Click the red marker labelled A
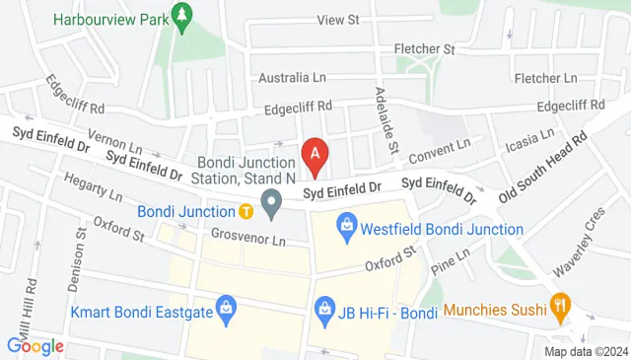point(315,154)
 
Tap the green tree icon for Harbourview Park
point(180,17)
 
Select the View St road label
point(338,20)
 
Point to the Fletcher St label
point(424,48)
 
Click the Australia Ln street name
point(291,77)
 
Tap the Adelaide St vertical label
point(386,115)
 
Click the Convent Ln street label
point(439,150)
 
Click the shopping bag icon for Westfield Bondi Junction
point(345,229)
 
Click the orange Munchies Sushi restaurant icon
point(561,310)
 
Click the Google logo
point(35,346)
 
